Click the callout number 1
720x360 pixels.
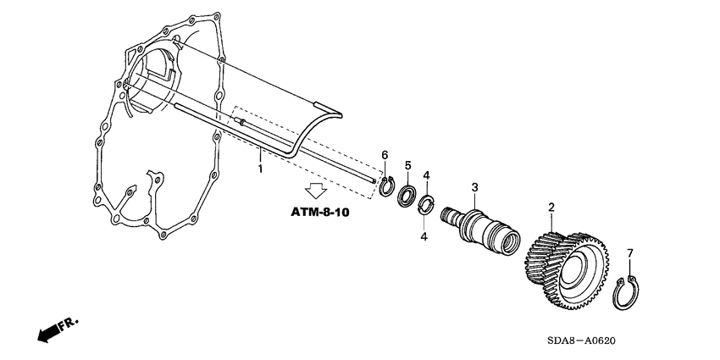click(x=260, y=169)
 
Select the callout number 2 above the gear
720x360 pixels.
click(x=551, y=208)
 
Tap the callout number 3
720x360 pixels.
click(x=475, y=187)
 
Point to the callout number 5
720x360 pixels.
click(x=407, y=164)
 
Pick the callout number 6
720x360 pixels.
click(x=384, y=155)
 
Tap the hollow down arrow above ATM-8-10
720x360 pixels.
click(x=316, y=191)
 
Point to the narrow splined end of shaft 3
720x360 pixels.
click(x=450, y=219)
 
